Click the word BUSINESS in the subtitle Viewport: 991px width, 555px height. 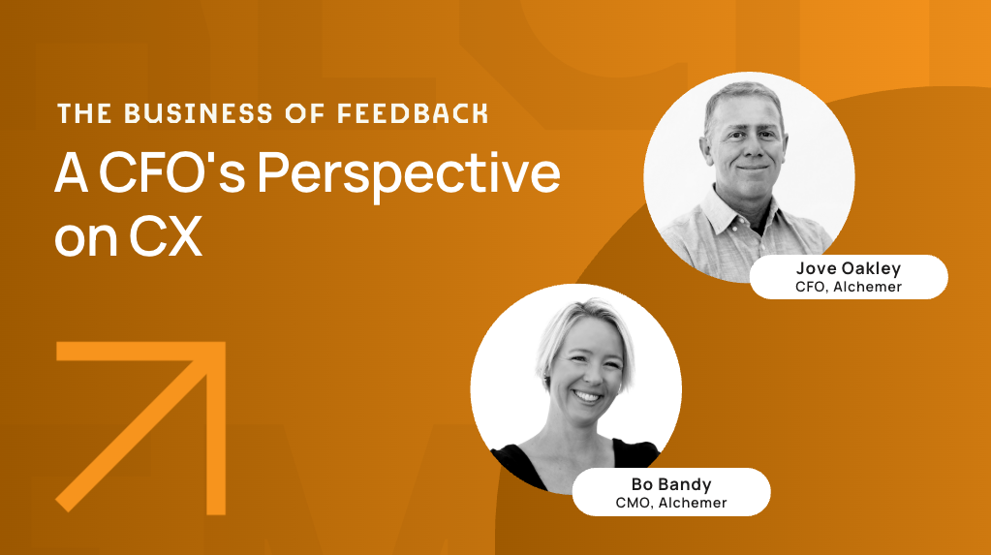pos(198,113)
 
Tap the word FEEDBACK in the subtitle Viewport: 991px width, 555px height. pos(412,113)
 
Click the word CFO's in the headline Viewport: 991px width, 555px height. pos(171,172)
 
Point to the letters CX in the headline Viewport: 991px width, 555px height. pos(166,236)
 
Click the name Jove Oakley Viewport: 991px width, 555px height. pos(849,268)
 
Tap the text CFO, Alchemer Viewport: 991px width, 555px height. pos(849,287)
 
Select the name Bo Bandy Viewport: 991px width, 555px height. pos(671,485)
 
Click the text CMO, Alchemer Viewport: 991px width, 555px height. pos(671,503)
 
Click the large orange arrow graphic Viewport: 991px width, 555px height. pos(140,427)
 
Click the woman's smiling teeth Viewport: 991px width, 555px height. pos(587,397)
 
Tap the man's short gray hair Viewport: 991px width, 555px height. pos(743,98)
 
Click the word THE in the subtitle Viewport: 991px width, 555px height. pos(84,113)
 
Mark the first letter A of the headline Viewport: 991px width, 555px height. pos(71,172)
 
